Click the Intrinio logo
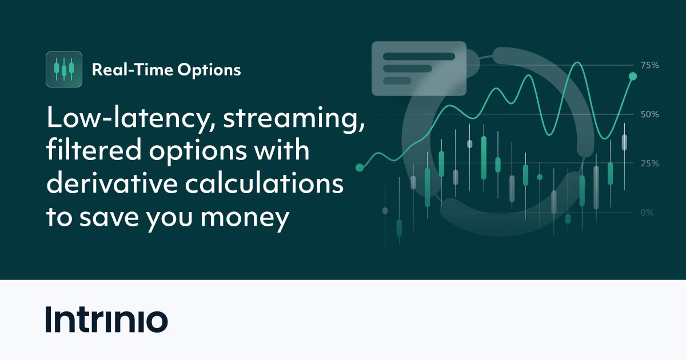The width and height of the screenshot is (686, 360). click(x=106, y=320)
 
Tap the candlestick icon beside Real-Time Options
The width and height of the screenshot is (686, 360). click(x=63, y=69)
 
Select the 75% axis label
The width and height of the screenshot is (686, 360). click(x=649, y=65)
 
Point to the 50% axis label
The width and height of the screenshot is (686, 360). click(x=649, y=114)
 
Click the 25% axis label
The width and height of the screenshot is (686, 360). click(x=649, y=163)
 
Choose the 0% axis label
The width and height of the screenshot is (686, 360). click(x=647, y=213)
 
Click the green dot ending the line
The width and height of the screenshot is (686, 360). click(x=633, y=76)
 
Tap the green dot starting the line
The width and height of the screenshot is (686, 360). click(x=360, y=167)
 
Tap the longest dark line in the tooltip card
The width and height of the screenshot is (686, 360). click(x=419, y=57)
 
